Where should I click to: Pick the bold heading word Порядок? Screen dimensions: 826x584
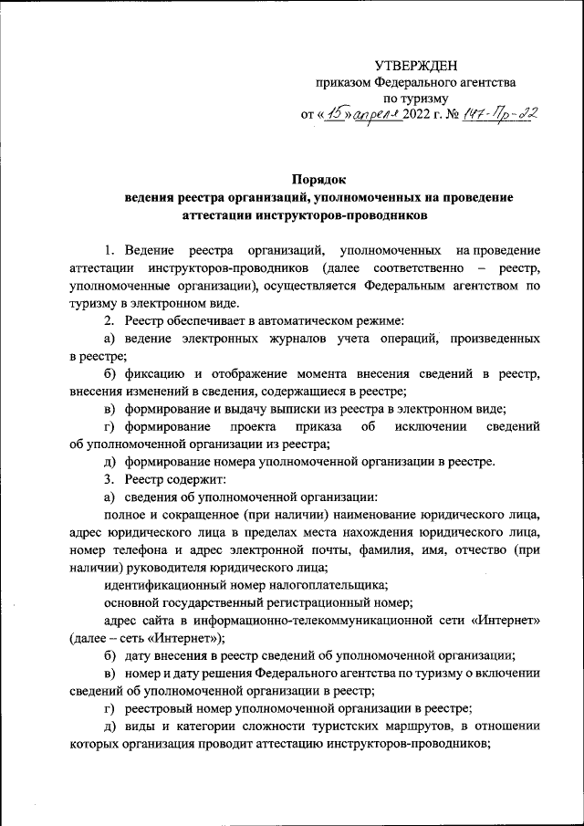click(x=319, y=179)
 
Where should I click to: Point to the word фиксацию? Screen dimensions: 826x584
click(x=156, y=374)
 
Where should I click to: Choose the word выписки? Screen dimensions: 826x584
click(x=269, y=409)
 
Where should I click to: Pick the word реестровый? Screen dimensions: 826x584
click(x=162, y=707)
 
